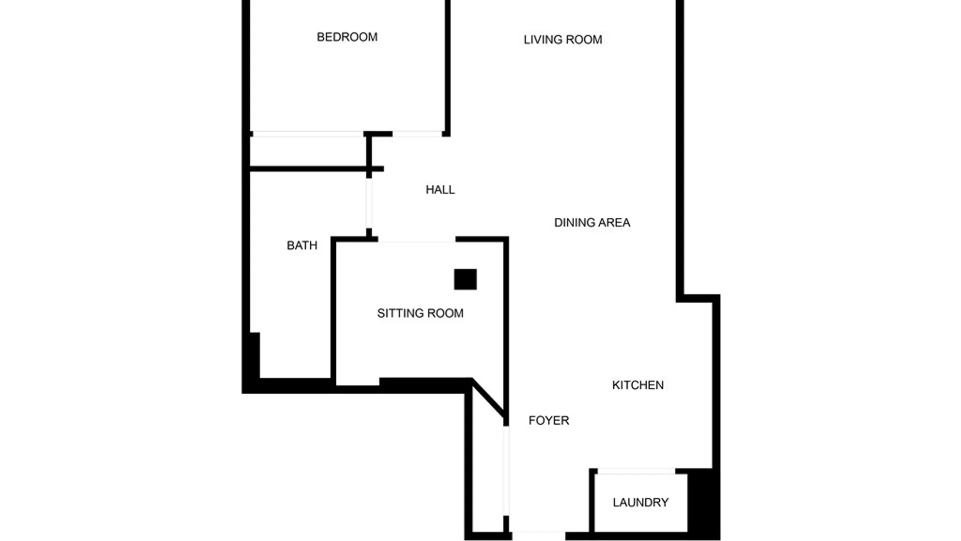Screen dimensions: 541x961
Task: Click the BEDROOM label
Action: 347,37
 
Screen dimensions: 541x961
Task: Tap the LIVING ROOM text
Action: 563,40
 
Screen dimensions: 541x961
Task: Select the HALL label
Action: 440,190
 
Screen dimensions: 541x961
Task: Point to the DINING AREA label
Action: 592,222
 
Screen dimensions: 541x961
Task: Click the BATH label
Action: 302,245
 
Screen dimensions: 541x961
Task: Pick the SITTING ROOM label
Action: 420,314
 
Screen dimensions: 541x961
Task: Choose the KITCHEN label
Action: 638,385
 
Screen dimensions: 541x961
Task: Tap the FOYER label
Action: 549,420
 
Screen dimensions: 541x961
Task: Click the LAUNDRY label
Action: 640,502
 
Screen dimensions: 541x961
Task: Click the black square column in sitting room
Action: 465,280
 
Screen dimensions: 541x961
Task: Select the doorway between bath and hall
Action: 369,203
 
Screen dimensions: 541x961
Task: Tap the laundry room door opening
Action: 636,471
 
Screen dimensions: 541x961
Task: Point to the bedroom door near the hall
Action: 417,134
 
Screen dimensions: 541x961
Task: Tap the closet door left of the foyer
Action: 506,470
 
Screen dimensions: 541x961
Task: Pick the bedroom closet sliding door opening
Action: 307,134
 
